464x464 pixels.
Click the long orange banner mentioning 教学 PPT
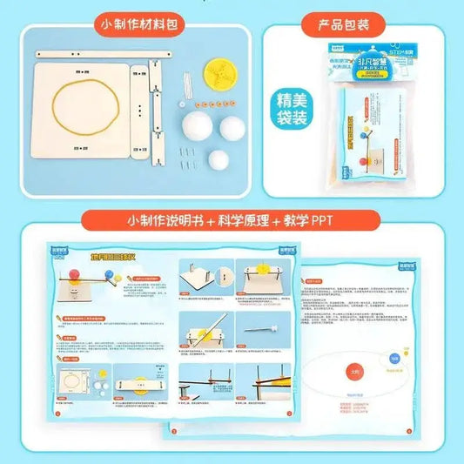[232, 220]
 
